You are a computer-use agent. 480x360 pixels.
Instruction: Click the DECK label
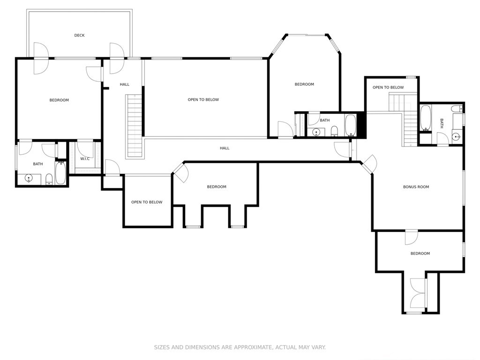pos(79,35)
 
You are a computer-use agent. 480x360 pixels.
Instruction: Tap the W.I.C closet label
pos(85,158)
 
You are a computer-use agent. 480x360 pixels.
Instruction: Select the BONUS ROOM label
pos(416,187)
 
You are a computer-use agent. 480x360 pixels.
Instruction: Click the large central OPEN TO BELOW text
pos(203,99)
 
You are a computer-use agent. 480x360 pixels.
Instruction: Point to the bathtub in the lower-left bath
pos(60,173)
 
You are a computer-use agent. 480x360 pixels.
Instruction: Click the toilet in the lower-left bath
pos(49,180)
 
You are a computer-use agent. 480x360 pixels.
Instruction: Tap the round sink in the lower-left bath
pos(29,178)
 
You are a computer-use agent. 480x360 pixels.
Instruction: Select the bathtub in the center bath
pos(351,125)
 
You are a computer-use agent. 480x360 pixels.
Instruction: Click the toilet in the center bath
pos(334,131)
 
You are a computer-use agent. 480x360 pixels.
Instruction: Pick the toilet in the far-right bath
pos(457,108)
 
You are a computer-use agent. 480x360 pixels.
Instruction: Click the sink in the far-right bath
pos(457,137)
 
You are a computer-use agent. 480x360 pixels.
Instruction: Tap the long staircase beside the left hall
pos(134,126)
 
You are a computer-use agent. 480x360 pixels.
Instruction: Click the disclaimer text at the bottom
pos(240,347)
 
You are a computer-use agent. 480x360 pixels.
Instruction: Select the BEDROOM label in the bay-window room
pos(304,84)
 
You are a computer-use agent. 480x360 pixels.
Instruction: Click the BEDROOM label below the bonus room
pos(420,254)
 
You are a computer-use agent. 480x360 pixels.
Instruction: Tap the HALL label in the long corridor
pos(225,148)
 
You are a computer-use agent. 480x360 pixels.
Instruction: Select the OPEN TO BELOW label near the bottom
pos(147,202)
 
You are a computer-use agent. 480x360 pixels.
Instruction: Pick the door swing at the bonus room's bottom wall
pos(411,238)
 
